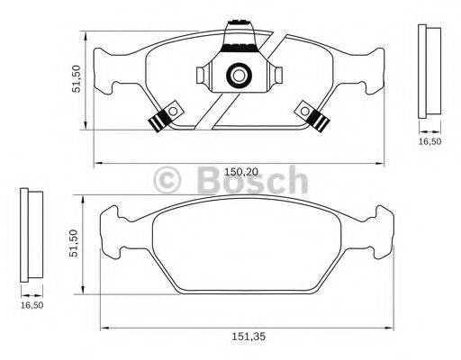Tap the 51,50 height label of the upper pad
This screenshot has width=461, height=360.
[77, 78]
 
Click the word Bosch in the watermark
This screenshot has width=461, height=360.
[255, 182]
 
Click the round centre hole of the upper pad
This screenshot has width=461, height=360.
[240, 76]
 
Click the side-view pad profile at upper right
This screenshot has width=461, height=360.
[430, 71]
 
